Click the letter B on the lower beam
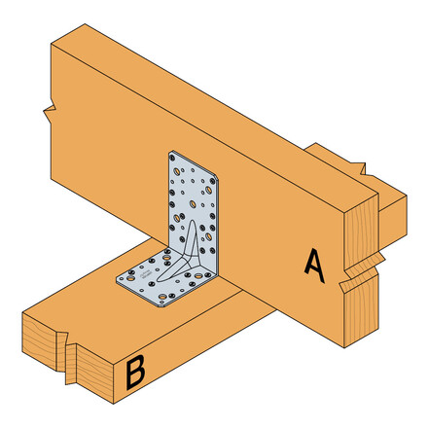click(135, 372)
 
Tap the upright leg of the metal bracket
click(190, 195)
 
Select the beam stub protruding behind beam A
click(389, 209)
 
